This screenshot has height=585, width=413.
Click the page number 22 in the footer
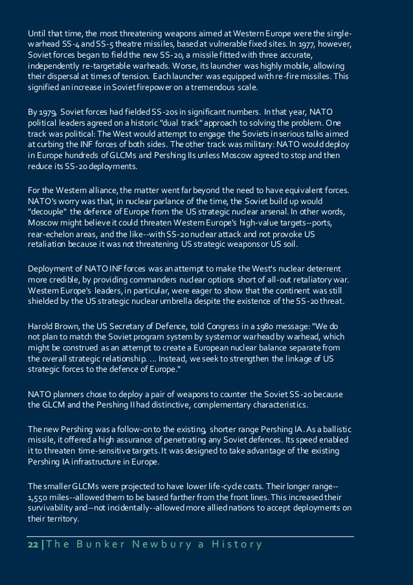(x=32, y=544)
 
